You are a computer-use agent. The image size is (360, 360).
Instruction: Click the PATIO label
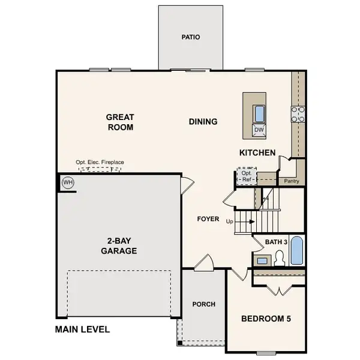(191, 37)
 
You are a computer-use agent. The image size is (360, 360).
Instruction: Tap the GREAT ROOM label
(120, 122)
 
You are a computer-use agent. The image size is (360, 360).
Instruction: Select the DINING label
(203, 122)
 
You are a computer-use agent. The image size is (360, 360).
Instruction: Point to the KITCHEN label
(257, 153)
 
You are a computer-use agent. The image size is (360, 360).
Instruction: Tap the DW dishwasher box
(259, 130)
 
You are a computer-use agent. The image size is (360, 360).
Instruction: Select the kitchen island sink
(259, 113)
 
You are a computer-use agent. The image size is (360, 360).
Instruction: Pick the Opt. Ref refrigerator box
(246, 176)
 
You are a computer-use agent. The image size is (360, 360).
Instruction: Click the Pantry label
(292, 181)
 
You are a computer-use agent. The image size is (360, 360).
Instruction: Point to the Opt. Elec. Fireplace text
(100, 162)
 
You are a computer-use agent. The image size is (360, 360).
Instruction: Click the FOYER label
(208, 219)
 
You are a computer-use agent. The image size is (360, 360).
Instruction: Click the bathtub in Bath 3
(296, 251)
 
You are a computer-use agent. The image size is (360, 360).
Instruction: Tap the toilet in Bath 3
(279, 259)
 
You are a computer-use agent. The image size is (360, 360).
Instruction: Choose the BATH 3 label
(277, 241)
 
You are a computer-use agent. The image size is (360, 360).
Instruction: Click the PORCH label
(203, 304)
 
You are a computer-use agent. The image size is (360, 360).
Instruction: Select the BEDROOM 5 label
(266, 319)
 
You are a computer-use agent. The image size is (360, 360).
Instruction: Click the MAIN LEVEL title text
(82, 329)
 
